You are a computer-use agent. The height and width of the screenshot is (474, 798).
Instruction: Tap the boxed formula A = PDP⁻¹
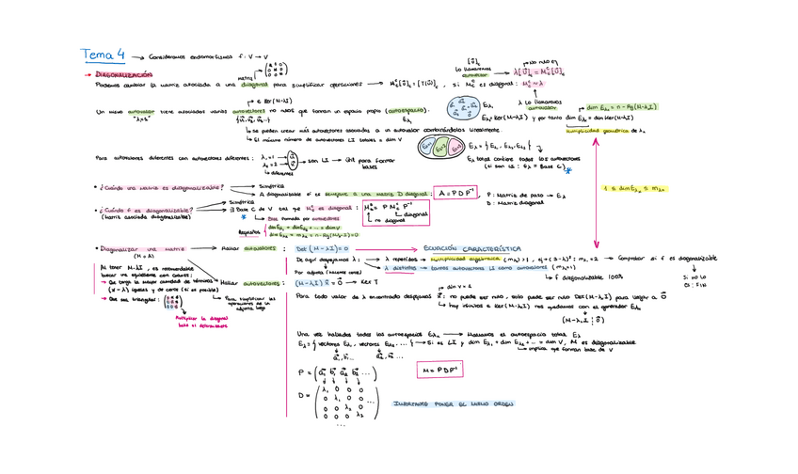point(456,193)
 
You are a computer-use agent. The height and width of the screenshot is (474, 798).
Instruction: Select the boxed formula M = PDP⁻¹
point(439,370)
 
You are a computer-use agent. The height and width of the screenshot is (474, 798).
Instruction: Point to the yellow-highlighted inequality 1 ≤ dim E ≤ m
point(634,189)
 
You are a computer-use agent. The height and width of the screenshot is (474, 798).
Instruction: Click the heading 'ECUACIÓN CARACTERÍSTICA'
point(471,249)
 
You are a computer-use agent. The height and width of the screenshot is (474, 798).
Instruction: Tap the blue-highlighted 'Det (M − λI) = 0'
point(322,249)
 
